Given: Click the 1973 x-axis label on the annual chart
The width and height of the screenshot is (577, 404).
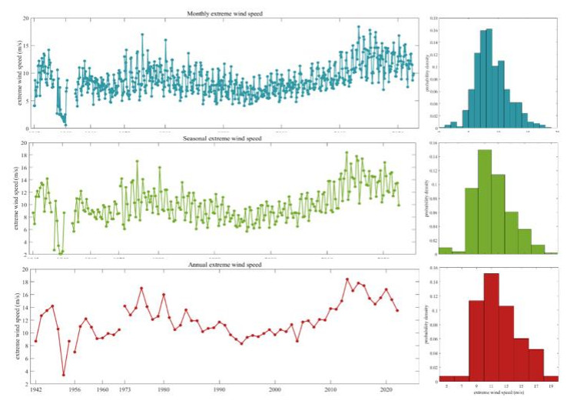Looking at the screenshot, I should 125,391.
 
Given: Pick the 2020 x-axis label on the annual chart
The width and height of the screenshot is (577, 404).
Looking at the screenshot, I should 387,391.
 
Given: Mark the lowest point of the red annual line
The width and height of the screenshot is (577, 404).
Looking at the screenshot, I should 64,376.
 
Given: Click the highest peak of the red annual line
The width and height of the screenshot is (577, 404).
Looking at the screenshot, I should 347,279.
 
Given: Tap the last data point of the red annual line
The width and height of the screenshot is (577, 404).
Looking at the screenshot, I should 397,310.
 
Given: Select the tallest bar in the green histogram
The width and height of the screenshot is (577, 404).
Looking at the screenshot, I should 484,201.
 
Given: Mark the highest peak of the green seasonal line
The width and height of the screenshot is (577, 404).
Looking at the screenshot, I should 347,152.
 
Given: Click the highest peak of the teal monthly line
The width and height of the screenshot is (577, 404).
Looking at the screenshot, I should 358,27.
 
